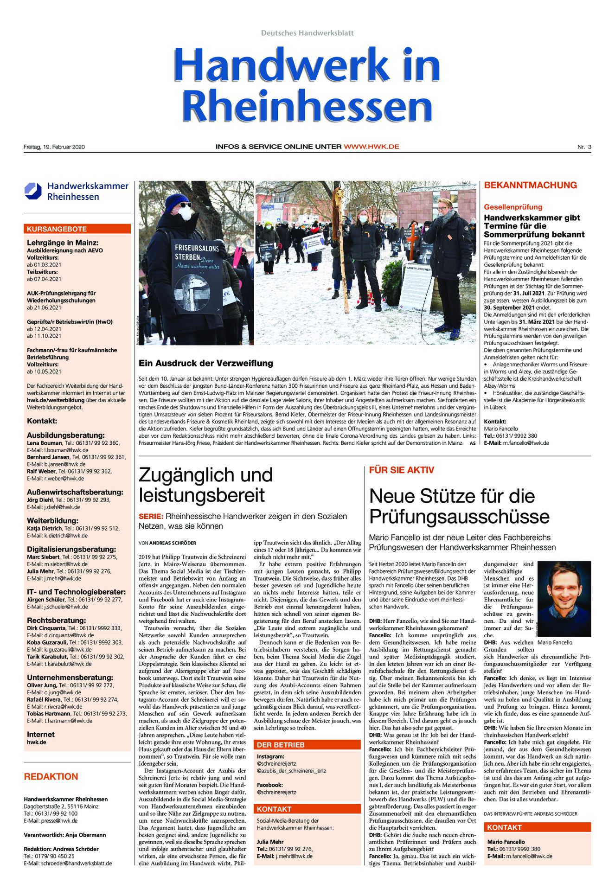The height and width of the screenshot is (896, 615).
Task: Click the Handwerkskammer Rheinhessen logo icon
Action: [x=33, y=191]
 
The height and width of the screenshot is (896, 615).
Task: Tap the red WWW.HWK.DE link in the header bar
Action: [x=371, y=147]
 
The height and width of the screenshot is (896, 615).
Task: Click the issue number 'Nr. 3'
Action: [x=584, y=147]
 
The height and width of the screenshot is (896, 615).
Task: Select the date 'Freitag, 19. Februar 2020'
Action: [x=54, y=147]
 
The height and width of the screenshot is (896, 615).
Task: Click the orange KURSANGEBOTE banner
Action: [x=77, y=229]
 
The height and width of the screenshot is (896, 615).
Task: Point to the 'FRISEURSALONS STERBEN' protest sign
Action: [x=197, y=276]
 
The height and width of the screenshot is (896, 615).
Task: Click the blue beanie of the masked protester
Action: [x=177, y=201]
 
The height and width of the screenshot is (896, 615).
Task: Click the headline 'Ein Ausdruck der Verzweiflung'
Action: [x=205, y=363]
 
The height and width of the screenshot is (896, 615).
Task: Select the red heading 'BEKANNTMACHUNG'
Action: [x=530, y=185]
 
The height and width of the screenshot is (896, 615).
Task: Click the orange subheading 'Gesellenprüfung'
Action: [x=513, y=207]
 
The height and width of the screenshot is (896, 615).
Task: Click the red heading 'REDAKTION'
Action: [x=51, y=776]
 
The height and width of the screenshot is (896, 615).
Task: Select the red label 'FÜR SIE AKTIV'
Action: [x=401, y=470]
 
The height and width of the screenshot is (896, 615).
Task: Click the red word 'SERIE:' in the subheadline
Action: [x=151, y=516]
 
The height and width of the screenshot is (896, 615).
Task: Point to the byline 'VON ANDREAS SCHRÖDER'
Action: [x=167, y=543]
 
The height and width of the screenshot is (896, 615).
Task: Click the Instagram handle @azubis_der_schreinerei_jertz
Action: [x=291, y=771]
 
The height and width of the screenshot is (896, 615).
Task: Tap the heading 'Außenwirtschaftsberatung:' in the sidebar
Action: [x=75, y=492]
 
